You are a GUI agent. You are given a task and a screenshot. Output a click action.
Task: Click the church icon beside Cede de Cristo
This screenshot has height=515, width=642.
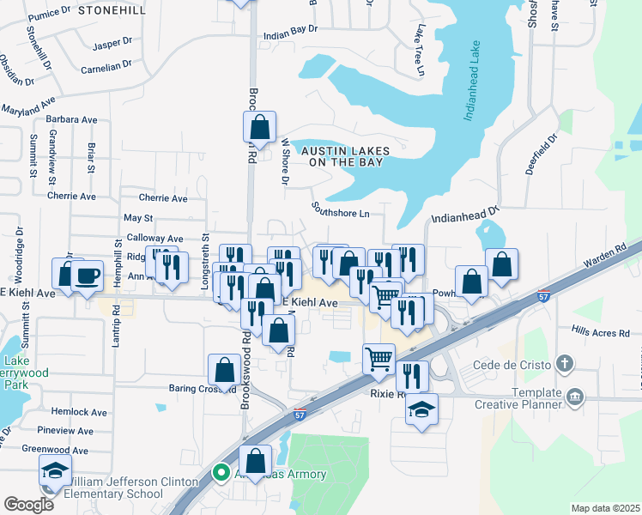click(563, 363)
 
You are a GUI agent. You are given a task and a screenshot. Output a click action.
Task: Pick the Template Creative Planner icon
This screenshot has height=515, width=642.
click(575, 397)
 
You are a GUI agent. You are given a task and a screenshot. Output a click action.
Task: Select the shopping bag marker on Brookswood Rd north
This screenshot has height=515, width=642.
click(259, 128)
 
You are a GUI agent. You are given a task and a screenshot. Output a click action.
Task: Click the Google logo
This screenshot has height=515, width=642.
click(29, 504)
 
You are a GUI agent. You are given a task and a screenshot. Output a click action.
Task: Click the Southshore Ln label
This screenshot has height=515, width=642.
click(340, 209)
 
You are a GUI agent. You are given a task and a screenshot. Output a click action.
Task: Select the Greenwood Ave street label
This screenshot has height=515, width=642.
click(55, 450)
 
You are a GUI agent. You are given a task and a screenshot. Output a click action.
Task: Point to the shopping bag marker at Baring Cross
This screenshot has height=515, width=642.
click(223, 369)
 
